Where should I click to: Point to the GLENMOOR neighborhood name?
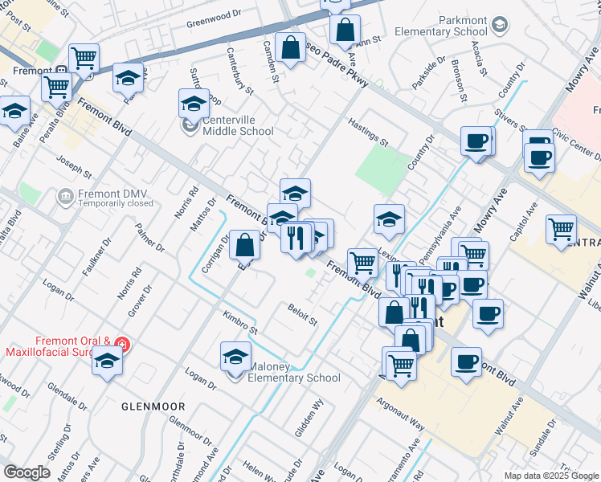pyautogui.click(x=153, y=406)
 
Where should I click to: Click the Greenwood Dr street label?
pyautogui.click(x=214, y=14)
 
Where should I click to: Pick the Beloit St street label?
pyautogui.click(x=303, y=313)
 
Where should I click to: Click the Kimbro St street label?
pyautogui.click(x=240, y=324)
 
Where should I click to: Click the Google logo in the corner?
pyautogui.click(x=27, y=472)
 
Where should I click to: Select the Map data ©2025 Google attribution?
pyautogui.click(x=550, y=476)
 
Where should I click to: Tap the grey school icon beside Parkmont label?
pyautogui.click(x=500, y=25)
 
